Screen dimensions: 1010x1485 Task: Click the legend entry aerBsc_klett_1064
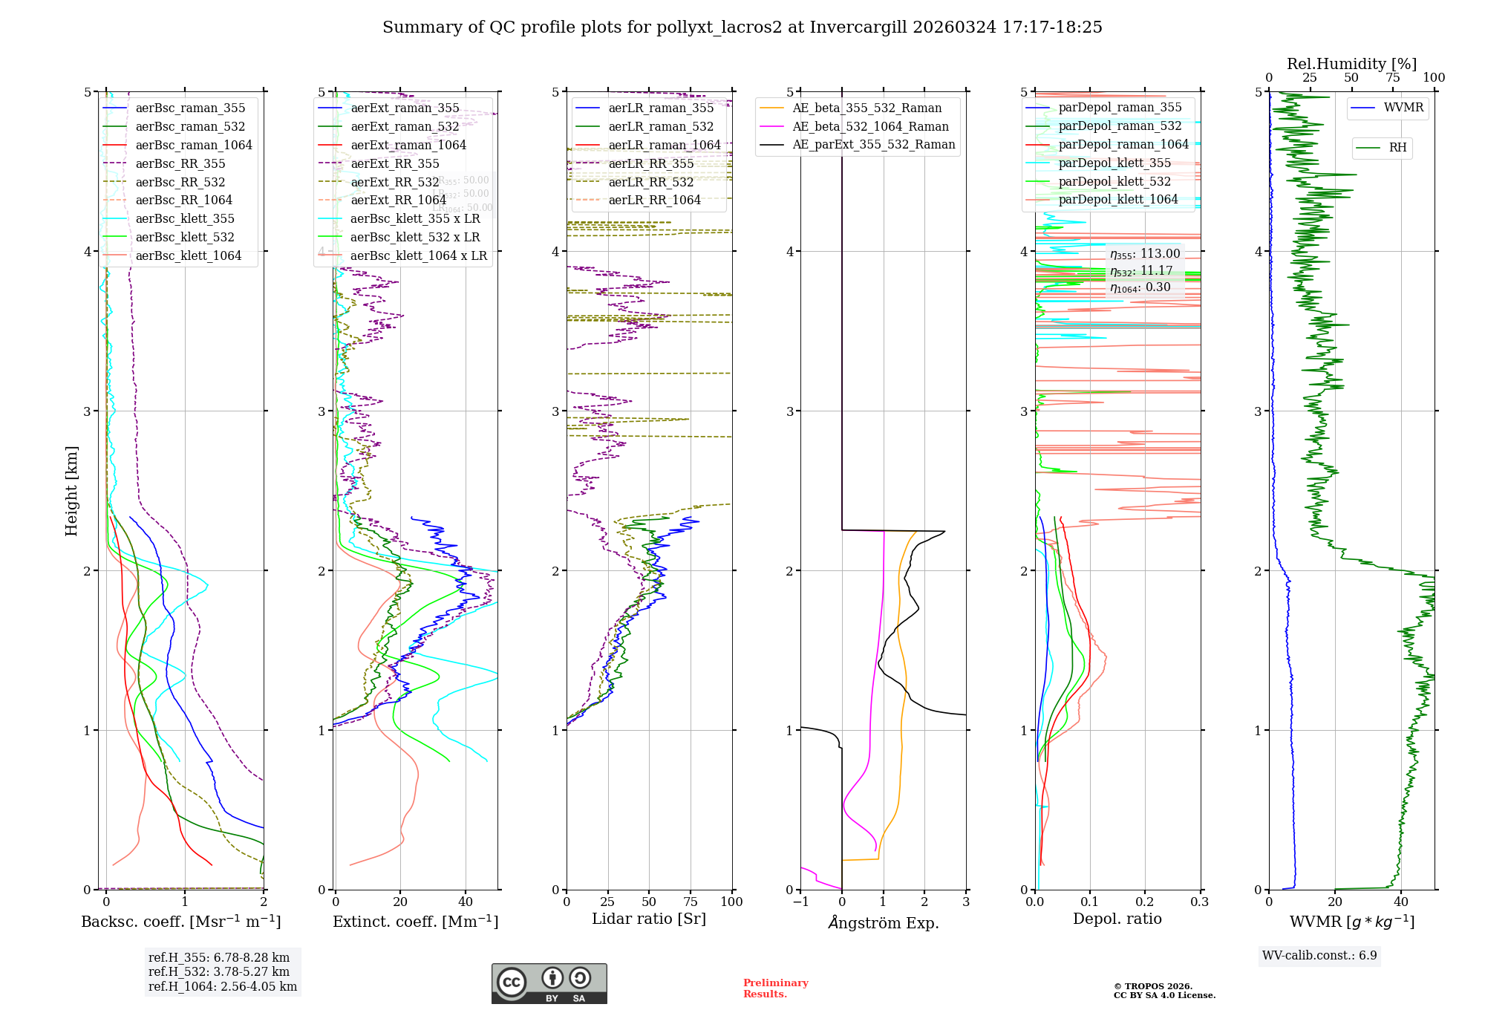click(188, 255)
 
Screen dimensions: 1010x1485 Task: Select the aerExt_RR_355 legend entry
click(394, 163)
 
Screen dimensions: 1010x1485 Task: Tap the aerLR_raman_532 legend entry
click(660, 126)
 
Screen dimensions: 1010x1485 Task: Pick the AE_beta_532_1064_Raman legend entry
click(870, 126)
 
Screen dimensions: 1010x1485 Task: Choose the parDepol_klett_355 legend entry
click(1114, 163)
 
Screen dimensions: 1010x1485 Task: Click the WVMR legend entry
click(1403, 108)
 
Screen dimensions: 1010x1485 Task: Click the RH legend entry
click(1397, 148)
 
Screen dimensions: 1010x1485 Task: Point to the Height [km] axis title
click(71, 491)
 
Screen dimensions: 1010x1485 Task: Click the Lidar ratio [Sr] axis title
click(648, 919)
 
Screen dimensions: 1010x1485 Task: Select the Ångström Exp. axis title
click(883, 922)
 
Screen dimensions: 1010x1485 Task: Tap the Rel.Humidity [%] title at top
click(1351, 64)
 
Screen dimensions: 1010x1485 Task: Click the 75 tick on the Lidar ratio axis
click(690, 902)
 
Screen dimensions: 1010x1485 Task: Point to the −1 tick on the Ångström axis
click(800, 902)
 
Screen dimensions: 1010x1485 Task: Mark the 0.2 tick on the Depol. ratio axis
click(1145, 902)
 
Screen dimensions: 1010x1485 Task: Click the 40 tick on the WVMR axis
click(1401, 902)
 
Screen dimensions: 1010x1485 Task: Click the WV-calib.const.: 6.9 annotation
click(1319, 955)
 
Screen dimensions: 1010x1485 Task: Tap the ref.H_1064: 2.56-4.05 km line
click(222, 986)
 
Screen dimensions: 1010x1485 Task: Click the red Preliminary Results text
click(775, 988)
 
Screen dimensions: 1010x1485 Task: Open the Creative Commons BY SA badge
click(549, 983)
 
